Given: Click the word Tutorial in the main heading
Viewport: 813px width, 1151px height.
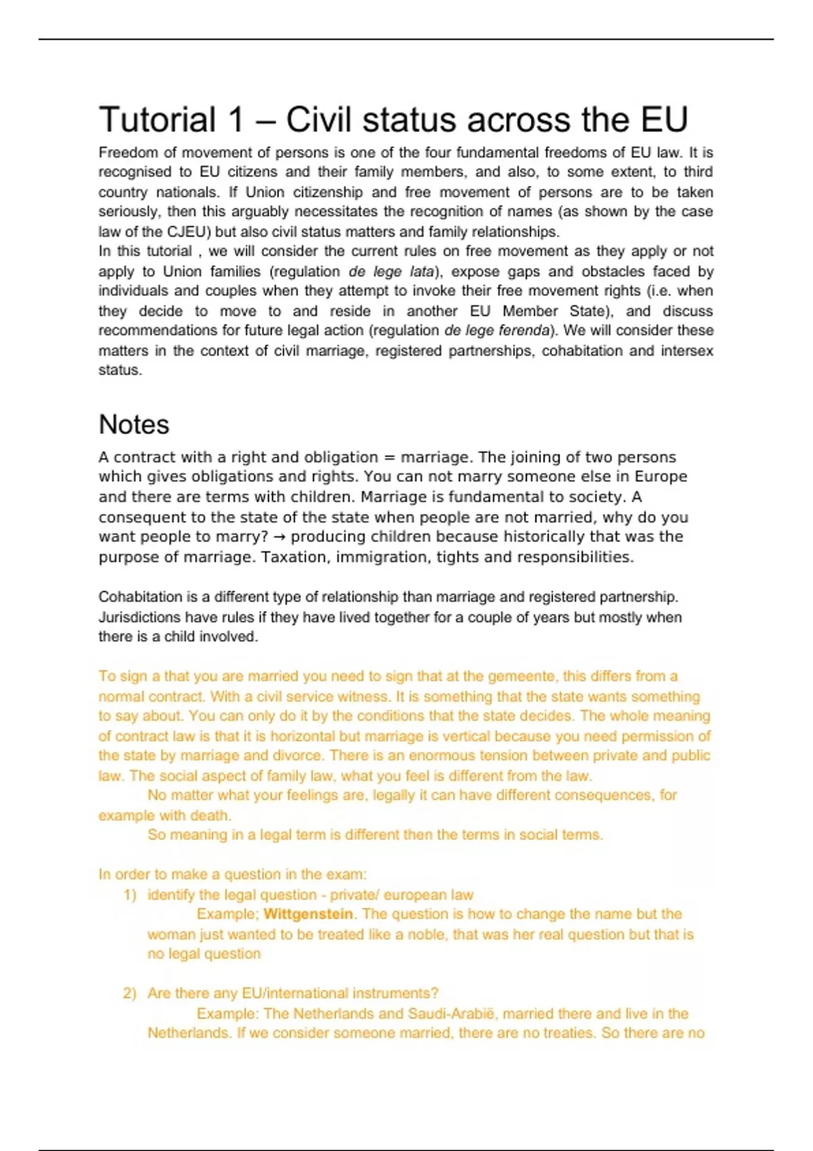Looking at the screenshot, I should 157,120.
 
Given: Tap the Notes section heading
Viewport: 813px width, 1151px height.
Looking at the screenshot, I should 133,425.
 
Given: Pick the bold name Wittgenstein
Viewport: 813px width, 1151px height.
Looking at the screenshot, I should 308,914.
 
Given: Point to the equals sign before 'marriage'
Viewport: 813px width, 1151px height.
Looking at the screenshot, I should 389,457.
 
